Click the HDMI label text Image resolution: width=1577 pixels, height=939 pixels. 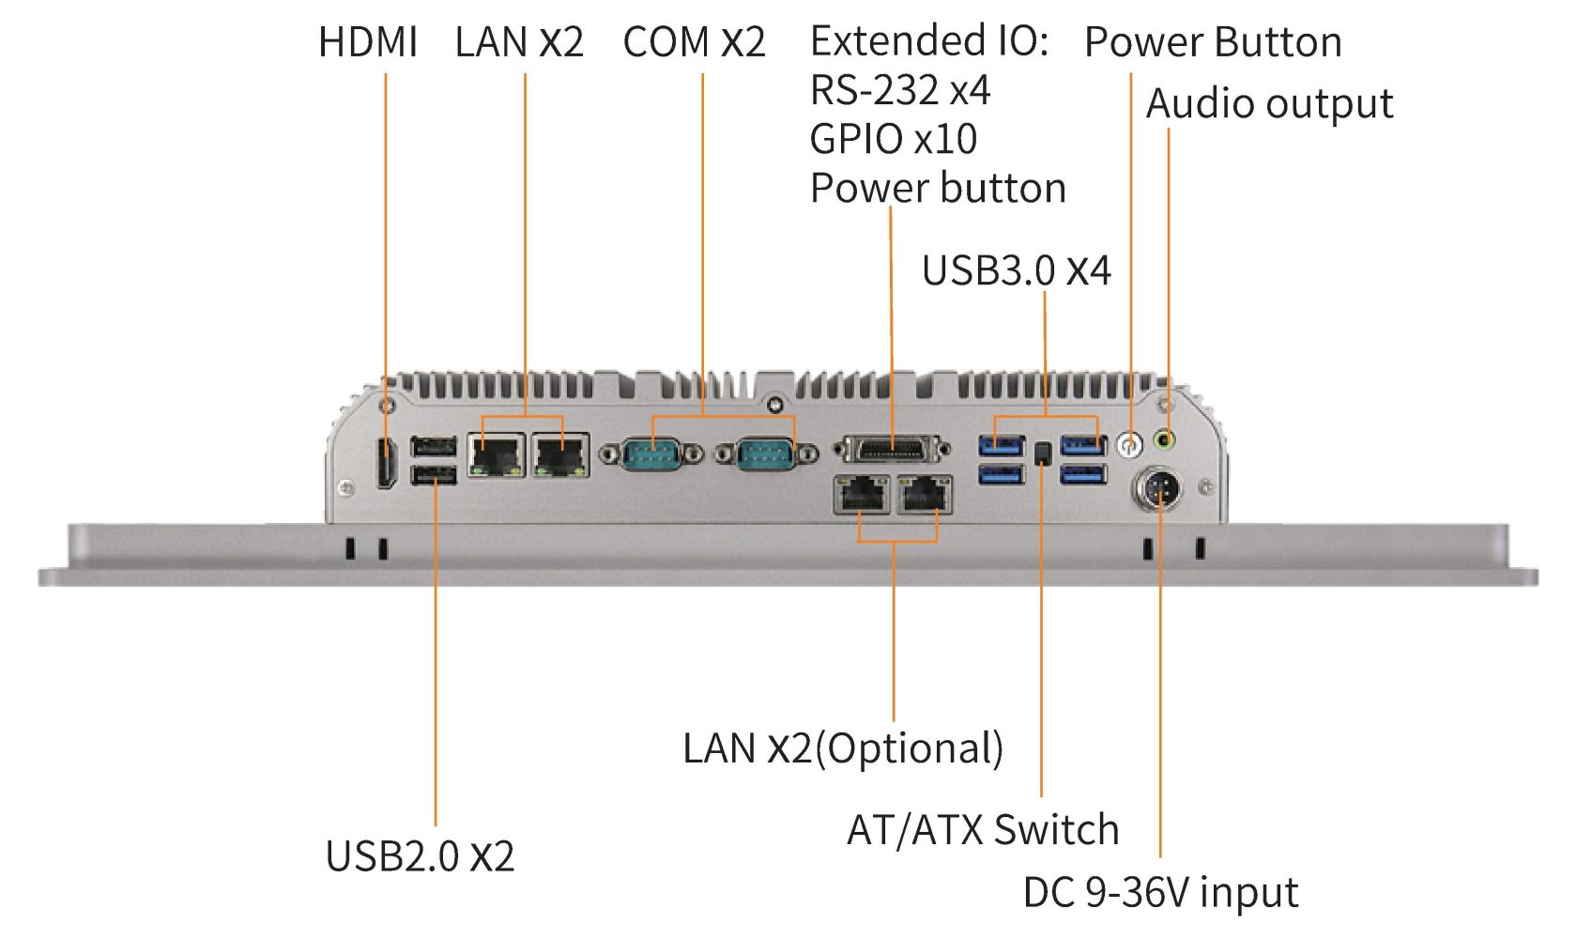368,42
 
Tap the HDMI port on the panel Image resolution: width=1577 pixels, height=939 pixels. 385,463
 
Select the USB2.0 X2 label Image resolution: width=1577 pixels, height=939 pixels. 420,855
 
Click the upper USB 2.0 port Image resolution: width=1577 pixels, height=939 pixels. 434,446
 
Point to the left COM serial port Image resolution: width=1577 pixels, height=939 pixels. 652,455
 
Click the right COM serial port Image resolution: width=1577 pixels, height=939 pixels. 766,455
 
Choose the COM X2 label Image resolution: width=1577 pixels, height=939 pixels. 694,42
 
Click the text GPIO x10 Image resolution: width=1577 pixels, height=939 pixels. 893,139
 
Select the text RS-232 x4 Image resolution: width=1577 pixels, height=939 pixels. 899,90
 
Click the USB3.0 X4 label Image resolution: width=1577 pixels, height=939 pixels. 1016,270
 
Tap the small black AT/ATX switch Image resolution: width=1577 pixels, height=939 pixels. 1042,454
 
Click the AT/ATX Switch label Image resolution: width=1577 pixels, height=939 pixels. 983,830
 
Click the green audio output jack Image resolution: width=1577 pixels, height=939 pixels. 1165,439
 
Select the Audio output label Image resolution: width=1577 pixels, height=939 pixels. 1269,103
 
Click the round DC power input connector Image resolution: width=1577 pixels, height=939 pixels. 1159,488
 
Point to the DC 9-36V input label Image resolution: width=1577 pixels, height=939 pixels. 1160,892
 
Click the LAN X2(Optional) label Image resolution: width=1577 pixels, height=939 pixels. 843,748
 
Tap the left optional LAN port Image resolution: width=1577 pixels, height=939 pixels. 862,494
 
